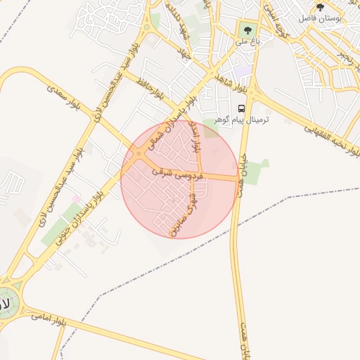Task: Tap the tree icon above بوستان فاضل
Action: (320, 7)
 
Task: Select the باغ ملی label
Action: (247, 42)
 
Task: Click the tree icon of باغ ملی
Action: (246, 30)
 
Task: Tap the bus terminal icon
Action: (241, 108)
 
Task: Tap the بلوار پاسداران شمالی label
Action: (163, 134)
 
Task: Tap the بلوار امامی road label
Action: (49, 320)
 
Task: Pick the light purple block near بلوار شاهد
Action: (243, 71)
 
